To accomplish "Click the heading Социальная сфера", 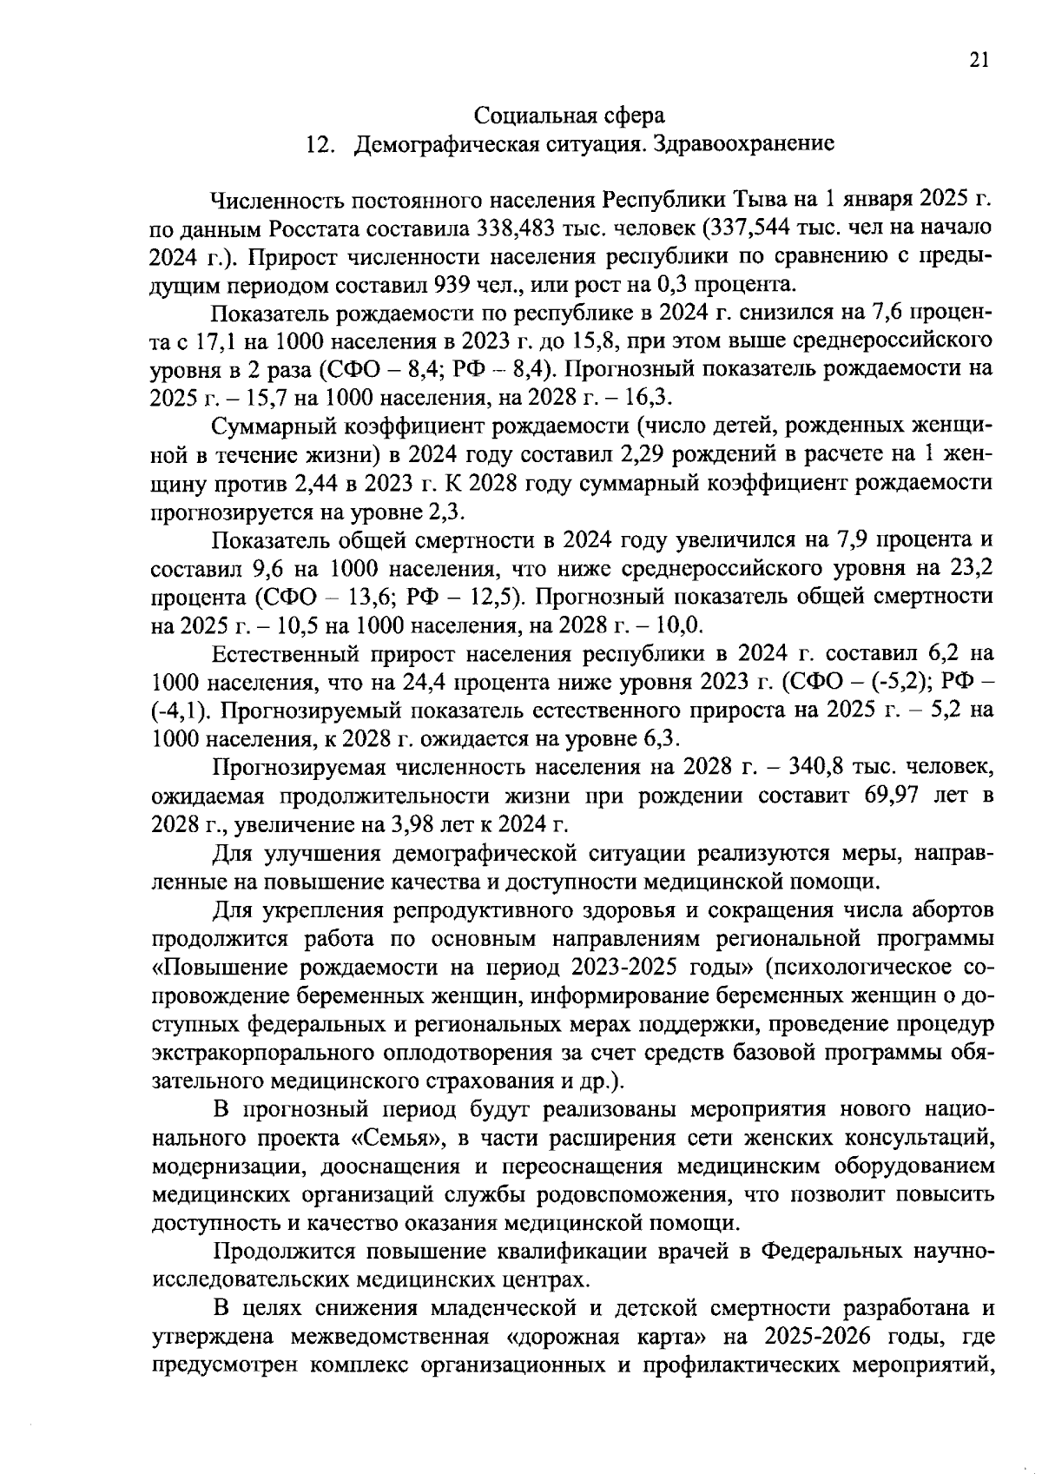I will click(570, 115).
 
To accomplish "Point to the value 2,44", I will click(319, 483).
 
